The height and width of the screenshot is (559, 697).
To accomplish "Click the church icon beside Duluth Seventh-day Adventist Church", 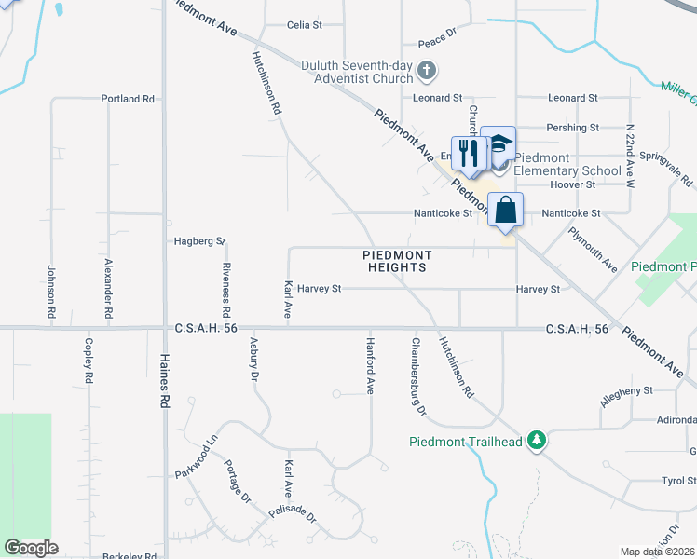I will (x=427, y=70).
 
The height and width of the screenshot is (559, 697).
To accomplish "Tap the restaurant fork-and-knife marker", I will (x=469, y=153).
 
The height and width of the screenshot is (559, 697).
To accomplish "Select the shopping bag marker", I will (x=505, y=210).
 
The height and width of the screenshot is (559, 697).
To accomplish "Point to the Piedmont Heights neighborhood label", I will (x=396, y=261).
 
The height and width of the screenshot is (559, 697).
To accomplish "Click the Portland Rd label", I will (x=128, y=99).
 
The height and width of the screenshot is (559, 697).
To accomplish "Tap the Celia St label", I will (x=304, y=25).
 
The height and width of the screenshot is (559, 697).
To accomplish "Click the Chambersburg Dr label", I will (x=417, y=376).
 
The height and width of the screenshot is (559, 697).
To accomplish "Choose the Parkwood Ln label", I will (x=196, y=456).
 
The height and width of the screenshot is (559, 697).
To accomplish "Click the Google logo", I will (x=31, y=548).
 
